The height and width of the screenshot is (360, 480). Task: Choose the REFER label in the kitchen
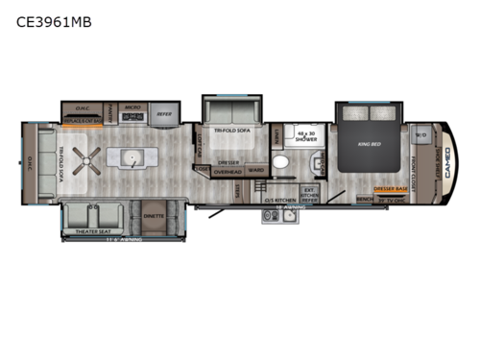165,110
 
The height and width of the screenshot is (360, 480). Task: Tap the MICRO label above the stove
132,108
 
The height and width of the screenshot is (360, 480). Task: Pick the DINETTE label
154,215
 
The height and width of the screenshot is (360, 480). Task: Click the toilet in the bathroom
280,163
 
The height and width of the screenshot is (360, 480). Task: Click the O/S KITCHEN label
279,199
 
